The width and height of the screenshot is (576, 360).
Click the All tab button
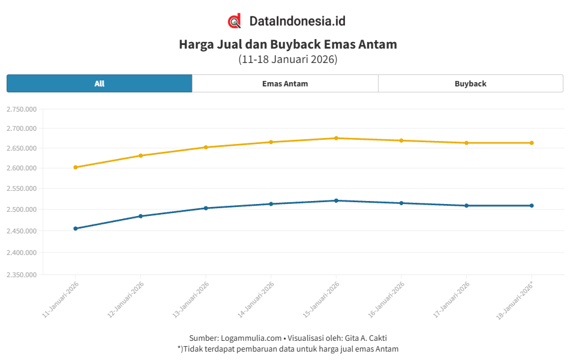(x=100, y=83)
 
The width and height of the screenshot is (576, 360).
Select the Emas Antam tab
(x=285, y=83)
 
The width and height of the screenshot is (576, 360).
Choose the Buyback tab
(x=470, y=83)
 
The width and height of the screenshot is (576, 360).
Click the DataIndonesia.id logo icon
(x=235, y=21)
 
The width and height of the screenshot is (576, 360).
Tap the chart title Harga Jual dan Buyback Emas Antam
(x=288, y=44)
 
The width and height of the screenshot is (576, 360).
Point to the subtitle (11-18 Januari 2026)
(x=288, y=59)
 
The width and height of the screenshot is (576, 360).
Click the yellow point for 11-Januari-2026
(x=76, y=167)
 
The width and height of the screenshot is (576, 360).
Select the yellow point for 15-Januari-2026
(x=336, y=138)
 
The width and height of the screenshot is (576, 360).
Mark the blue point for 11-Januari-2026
(x=76, y=229)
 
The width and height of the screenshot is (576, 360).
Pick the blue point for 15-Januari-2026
(x=336, y=200)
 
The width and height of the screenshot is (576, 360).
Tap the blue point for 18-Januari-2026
(x=532, y=206)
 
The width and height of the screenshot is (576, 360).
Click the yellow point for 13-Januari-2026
(x=206, y=147)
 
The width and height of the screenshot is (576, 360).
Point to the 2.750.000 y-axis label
(x=22, y=109)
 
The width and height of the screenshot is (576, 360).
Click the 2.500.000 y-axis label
(x=22, y=209)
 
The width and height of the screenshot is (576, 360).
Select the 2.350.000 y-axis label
(x=22, y=275)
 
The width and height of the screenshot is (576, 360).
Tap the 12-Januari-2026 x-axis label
(x=125, y=299)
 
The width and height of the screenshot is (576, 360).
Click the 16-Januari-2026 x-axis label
(x=386, y=299)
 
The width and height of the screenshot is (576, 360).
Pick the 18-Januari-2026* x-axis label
(x=515, y=299)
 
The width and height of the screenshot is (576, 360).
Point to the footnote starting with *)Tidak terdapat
(x=288, y=349)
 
